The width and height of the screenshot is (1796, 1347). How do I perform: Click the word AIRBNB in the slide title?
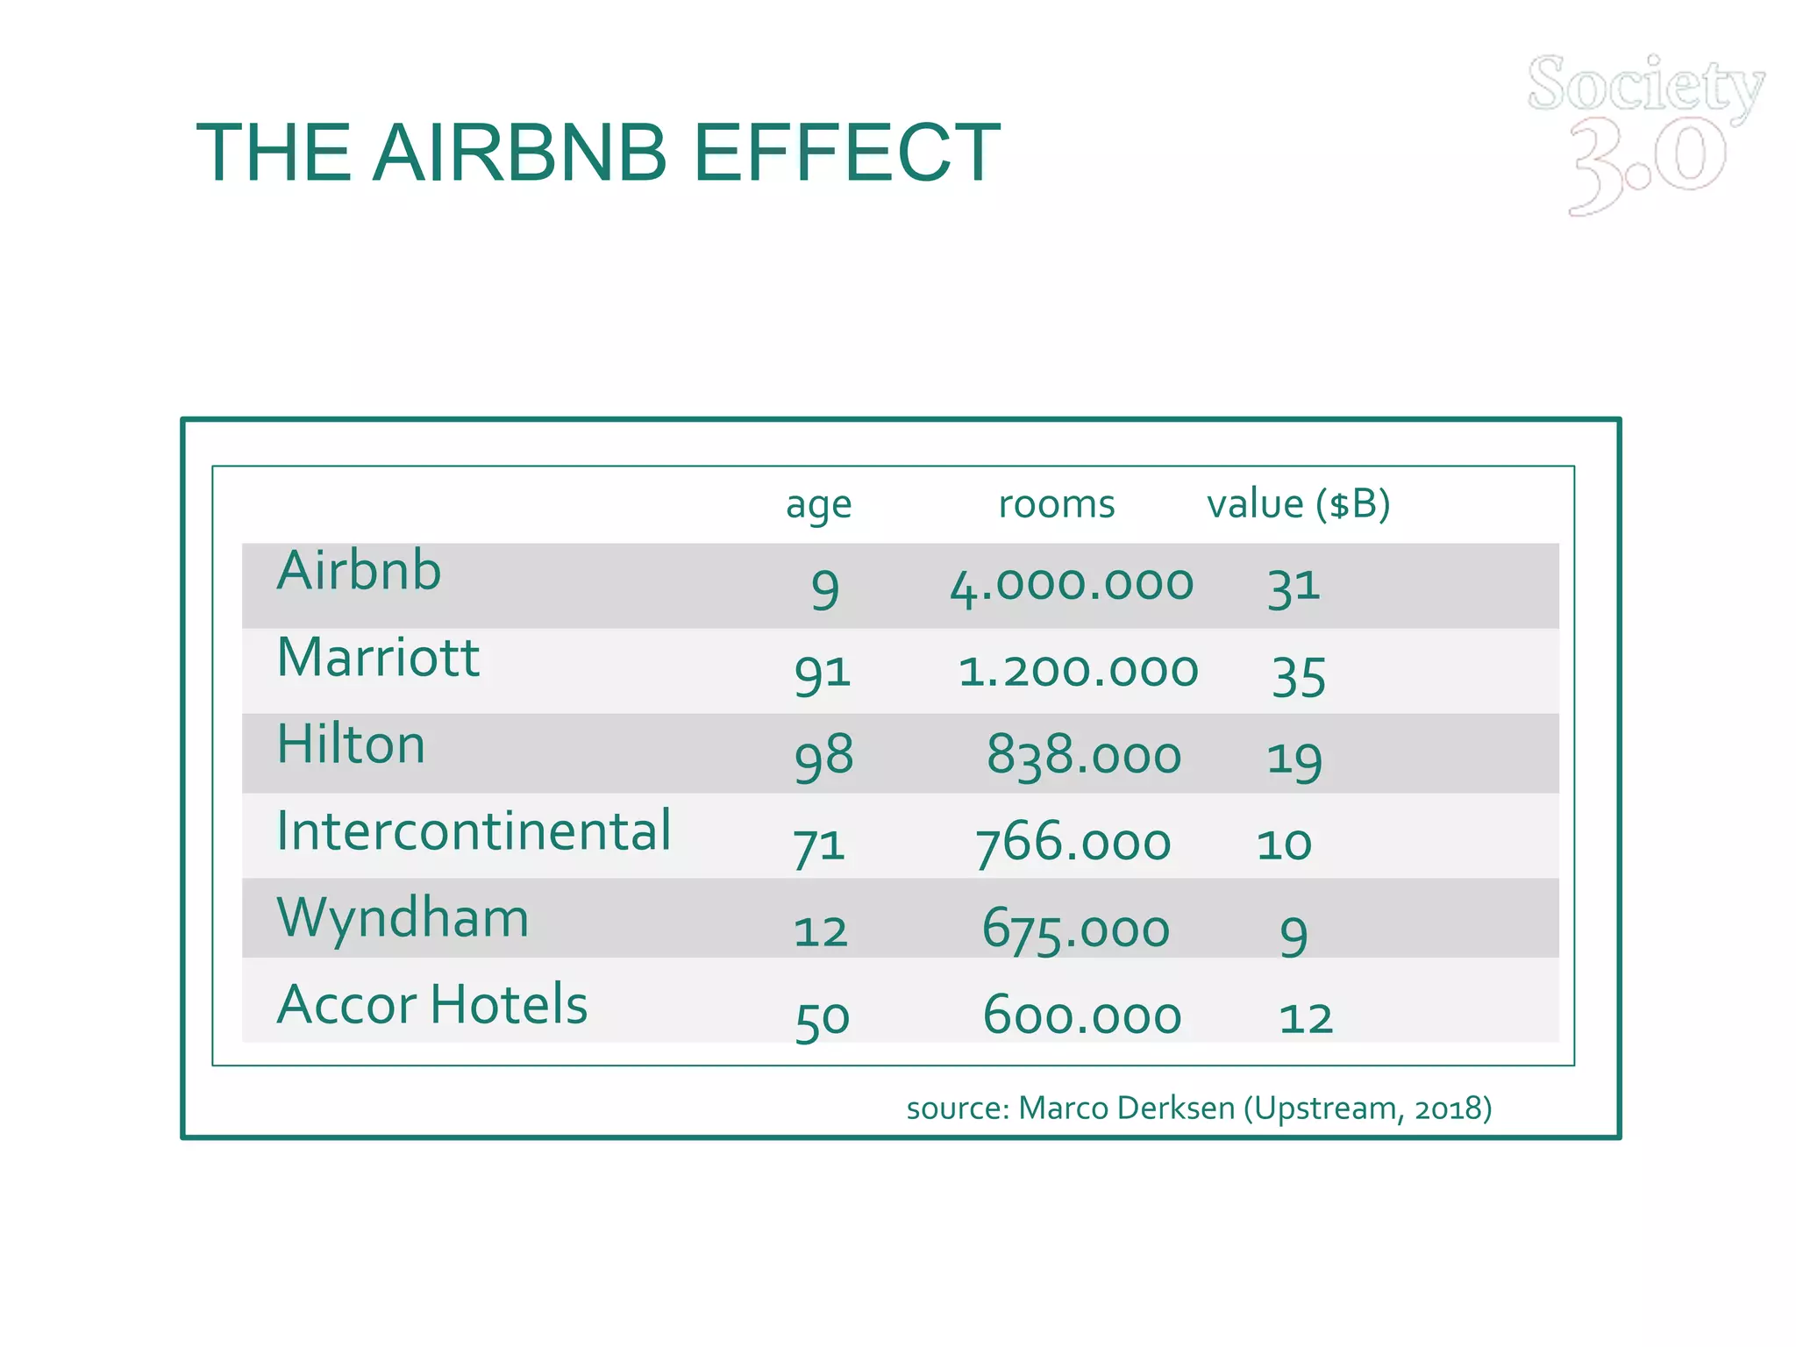click(x=520, y=153)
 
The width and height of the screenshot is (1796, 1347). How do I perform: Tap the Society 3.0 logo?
click(x=1646, y=132)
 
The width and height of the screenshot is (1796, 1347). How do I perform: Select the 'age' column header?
click(x=818, y=505)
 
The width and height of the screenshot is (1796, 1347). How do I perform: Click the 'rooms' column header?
click(x=1057, y=504)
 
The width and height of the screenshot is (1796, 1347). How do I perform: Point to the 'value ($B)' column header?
click(x=1298, y=504)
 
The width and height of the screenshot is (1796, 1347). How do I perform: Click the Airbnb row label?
click(x=359, y=571)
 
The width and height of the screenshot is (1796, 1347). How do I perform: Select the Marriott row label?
click(x=378, y=658)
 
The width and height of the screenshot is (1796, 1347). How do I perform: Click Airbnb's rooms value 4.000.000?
click(x=1072, y=586)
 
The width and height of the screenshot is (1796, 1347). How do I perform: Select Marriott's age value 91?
click(x=822, y=673)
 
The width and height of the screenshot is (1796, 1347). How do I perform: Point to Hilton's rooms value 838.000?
click(x=1084, y=756)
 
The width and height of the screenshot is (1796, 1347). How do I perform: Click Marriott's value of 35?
click(x=1299, y=677)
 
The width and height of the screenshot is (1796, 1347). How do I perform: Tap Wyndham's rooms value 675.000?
click(x=1076, y=930)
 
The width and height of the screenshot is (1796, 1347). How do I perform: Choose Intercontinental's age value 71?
click(x=819, y=846)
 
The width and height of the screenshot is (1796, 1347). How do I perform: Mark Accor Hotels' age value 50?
click(x=822, y=1020)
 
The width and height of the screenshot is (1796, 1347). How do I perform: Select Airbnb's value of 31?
click(x=1294, y=587)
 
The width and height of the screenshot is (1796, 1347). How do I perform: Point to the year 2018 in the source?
click(x=1446, y=1108)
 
